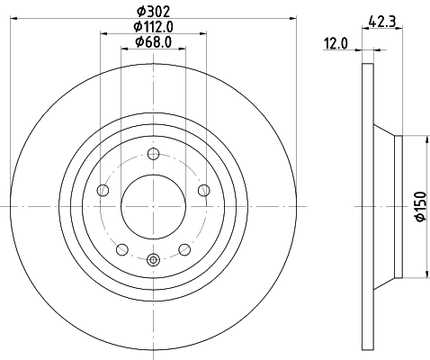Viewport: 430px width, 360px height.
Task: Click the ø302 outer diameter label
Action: tap(152, 12)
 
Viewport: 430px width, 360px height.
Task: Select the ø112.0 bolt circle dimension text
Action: tap(152, 27)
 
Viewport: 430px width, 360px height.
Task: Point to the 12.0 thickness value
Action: tap(336, 42)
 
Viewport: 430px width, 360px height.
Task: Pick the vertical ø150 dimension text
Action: tap(419, 206)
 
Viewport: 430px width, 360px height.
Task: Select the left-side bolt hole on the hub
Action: tap(102, 190)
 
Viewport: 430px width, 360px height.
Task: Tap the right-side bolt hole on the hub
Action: tap(203, 189)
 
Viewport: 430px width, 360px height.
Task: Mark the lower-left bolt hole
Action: tap(121, 248)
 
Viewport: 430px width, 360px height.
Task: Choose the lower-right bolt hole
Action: tap(184, 248)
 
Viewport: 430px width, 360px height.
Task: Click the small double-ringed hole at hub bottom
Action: tap(152, 260)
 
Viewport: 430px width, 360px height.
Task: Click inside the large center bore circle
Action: tap(152, 206)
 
